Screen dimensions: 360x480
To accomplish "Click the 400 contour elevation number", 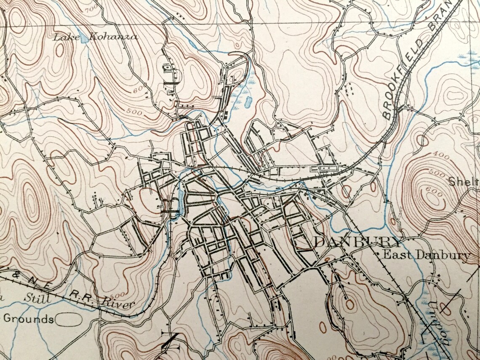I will (441, 156).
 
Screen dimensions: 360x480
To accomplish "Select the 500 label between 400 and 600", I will (436, 173).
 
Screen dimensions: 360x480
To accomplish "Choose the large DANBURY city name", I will (358, 243).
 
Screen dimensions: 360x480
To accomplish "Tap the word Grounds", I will (28, 319).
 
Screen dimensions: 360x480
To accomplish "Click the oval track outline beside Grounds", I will (69, 320).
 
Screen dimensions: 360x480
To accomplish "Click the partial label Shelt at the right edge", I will (463, 181).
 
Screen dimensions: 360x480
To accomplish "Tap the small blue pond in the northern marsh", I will (248, 101).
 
